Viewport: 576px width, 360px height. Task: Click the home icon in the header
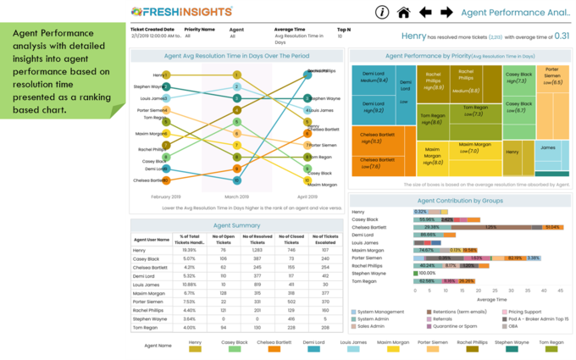(403, 12)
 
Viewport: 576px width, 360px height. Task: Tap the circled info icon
(382, 12)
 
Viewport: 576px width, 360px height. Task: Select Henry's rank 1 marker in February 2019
(167, 74)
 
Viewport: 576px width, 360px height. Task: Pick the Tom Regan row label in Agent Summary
(145, 327)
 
